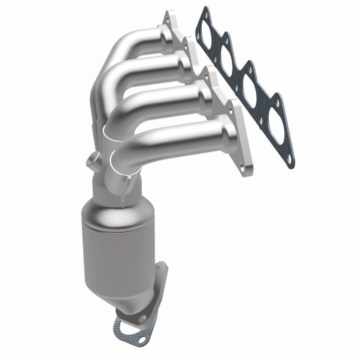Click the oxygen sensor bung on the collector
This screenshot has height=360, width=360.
pyautogui.click(x=90, y=161)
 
